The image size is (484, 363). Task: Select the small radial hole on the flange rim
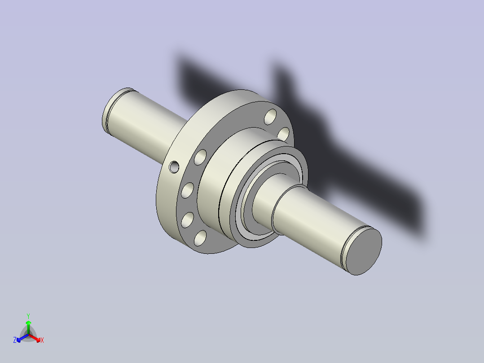click(174, 167)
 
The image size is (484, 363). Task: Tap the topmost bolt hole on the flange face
click(271, 117)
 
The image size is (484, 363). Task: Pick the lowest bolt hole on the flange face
click(200, 238)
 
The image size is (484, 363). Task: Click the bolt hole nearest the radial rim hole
click(200, 157)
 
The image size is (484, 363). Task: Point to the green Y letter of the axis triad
click(28, 316)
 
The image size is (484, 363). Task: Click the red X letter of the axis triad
click(42, 340)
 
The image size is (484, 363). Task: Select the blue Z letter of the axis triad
click(15, 340)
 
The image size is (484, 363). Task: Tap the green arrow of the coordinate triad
click(28, 328)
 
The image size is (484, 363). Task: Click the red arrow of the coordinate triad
click(35, 338)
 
